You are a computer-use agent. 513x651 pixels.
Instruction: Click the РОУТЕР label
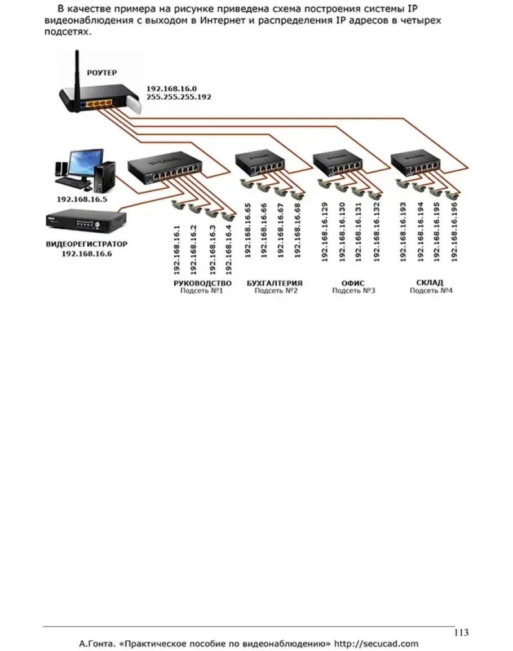[101, 73]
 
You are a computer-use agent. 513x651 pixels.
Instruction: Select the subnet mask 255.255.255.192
[179, 97]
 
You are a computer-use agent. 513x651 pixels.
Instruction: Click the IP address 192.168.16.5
[82, 199]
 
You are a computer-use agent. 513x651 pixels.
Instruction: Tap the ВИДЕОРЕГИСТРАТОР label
[86, 245]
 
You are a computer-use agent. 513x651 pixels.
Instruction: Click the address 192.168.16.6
[87, 254]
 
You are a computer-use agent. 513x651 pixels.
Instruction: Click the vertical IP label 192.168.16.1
[176, 249]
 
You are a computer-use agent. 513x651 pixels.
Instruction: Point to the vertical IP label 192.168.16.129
[324, 231]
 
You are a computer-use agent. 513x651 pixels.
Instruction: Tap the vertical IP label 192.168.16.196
[454, 231]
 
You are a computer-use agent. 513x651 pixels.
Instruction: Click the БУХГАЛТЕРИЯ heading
[275, 283]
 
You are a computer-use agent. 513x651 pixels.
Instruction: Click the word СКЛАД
[430, 282]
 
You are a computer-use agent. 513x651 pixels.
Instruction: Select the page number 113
[461, 632]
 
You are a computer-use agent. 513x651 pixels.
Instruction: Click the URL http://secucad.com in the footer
[376, 643]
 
